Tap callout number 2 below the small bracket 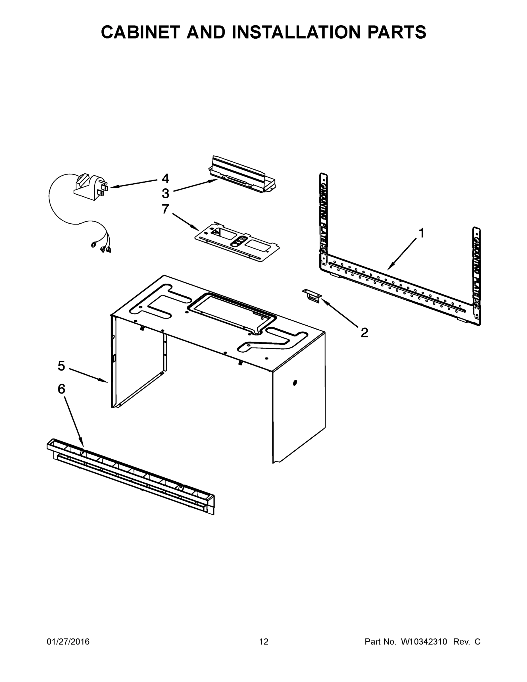pos(364,332)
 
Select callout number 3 pos(165,193)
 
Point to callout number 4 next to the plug pos(165,179)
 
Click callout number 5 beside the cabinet pos(61,366)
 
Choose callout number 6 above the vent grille pos(61,389)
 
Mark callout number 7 pos(165,209)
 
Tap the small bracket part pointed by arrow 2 pos(312,295)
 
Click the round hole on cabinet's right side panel pos(295,382)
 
